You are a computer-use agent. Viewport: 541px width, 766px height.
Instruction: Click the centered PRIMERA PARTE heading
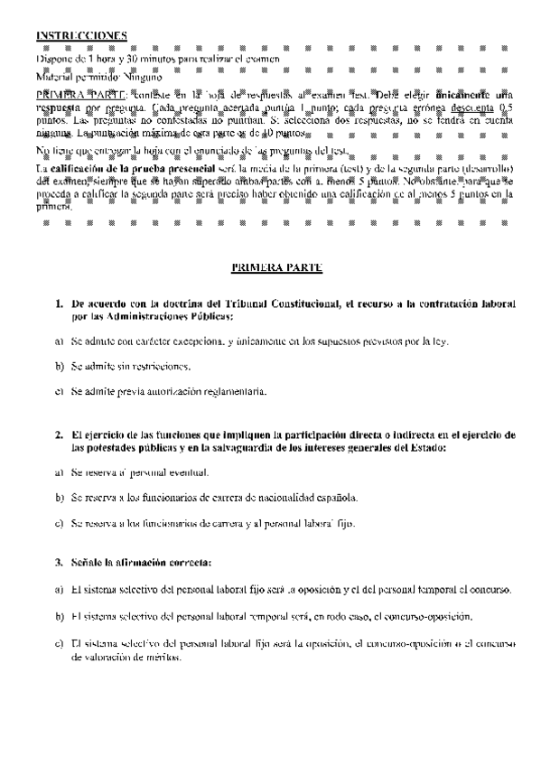click(270, 268)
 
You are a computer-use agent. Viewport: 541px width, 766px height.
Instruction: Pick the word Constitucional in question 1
click(295, 305)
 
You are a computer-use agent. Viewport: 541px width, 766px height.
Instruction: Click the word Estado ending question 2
click(427, 447)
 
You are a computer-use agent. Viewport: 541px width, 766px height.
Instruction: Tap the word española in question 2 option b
click(336, 497)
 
